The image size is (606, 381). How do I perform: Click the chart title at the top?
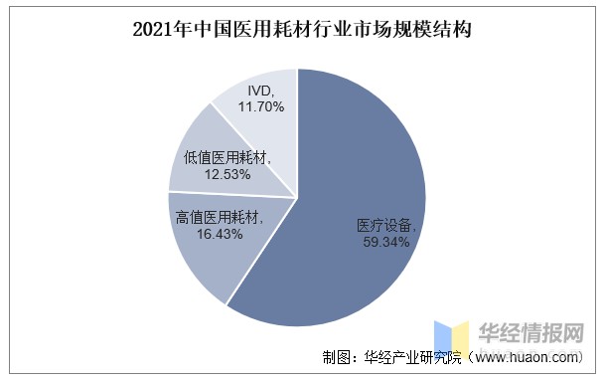pyautogui.click(x=302, y=31)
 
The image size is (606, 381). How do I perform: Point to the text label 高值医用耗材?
pyautogui.click(x=217, y=217)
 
